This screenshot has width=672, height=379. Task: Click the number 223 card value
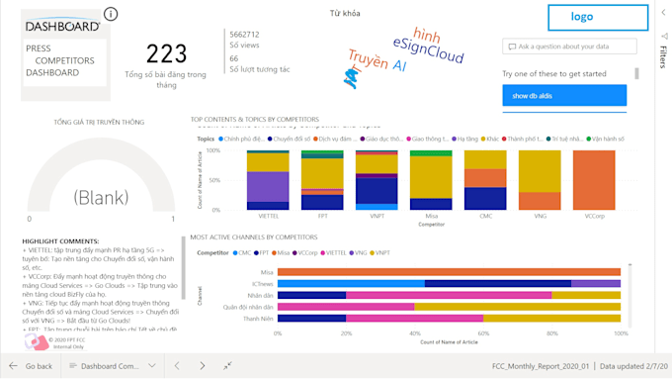pyautogui.click(x=166, y=53)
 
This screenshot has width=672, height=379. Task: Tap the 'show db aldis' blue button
pyautogui.click(x=563, y=96)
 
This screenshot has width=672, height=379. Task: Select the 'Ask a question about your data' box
pyautogui.click(x=565, y=47)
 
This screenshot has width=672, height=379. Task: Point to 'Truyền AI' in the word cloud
pyautogui.click(x=377, y=63)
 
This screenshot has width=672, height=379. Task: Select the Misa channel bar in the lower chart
pyautogui.click(x=449, y=271)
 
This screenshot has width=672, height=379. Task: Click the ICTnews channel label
pyautogui.click(x=262, y=283)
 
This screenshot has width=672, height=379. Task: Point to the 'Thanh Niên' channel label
pyautogui.click(x=259, y=319)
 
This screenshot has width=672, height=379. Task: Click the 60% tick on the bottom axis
pyautogui.click(x=483, y=332)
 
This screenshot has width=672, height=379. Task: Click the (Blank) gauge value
pyautogui.click(x=102, y=196)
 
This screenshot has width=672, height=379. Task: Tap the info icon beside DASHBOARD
pyautogui.click(x=111, y=14)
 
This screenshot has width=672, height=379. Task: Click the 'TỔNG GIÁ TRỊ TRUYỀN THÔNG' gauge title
pyautogui.click(x=99, y=122)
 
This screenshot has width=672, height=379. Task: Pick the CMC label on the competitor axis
pyautogui.click(x=484, y=215)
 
